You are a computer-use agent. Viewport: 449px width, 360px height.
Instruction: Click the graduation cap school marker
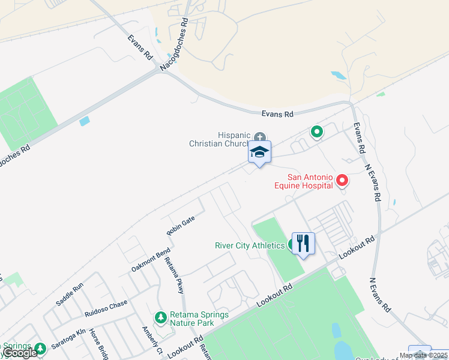(x=259, y=152)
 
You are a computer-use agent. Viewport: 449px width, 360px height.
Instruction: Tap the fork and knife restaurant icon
(x=303, y=244)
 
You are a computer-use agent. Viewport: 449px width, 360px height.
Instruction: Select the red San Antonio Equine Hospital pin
(x=342, y=179)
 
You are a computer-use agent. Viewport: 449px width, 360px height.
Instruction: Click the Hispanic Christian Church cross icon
(x=260, y=136)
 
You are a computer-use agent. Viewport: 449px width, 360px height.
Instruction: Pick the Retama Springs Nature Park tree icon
(x=160, y=317)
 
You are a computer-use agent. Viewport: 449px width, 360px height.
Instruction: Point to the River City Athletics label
(x=250, y=245)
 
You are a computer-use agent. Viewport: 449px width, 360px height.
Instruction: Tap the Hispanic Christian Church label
(x=219, y=139)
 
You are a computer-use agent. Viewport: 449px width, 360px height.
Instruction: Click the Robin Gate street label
(x=181, y=226)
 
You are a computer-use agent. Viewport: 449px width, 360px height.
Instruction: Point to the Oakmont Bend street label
(x=151, y=261)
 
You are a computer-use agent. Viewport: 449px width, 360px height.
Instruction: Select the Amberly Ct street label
(x=152, y=340)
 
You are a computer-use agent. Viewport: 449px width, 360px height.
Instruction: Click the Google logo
(x=20, y=353)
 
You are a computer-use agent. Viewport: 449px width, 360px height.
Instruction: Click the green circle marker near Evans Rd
(x=316, y=131)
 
